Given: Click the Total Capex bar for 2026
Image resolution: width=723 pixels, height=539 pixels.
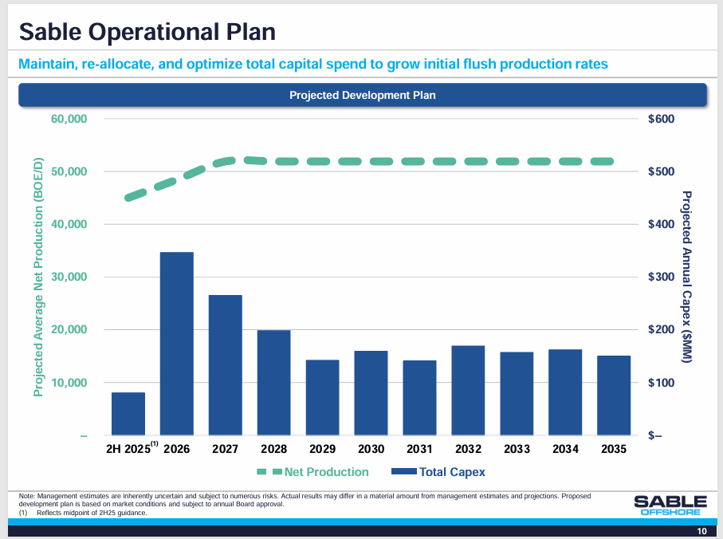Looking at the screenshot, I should click(177, 344).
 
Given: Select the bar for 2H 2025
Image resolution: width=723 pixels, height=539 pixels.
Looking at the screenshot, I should click(128, 414).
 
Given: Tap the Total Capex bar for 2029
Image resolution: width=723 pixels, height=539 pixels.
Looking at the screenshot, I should click(323, 397).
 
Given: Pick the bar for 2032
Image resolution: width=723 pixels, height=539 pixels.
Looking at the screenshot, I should click(469, 390).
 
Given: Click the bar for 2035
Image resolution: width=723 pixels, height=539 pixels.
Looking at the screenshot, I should click(615, 395).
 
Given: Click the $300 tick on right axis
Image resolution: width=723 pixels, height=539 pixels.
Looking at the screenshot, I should click(661, 277).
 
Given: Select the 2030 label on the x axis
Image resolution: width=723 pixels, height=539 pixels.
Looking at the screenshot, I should click(371, 449).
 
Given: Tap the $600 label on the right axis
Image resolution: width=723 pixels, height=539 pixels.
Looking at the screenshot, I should click(661, 119).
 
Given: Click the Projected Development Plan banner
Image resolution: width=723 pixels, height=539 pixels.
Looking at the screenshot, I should click(363, 95).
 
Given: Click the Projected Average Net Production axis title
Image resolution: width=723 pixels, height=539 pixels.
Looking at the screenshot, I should click(37, 277).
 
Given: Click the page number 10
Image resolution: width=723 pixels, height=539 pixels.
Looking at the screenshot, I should click(701, 532).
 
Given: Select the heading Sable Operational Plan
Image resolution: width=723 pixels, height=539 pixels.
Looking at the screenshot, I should click(147, 32).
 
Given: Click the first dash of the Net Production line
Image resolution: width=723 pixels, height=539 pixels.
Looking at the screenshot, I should click(136, 195).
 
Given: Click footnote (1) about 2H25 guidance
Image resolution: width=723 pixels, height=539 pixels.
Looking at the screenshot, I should click(83, 513).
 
